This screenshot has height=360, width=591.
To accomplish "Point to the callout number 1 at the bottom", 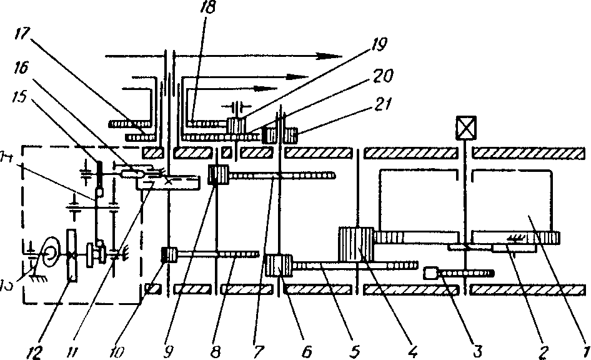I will (x=584, y=351).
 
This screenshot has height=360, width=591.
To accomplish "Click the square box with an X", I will (x=465, y=127).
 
